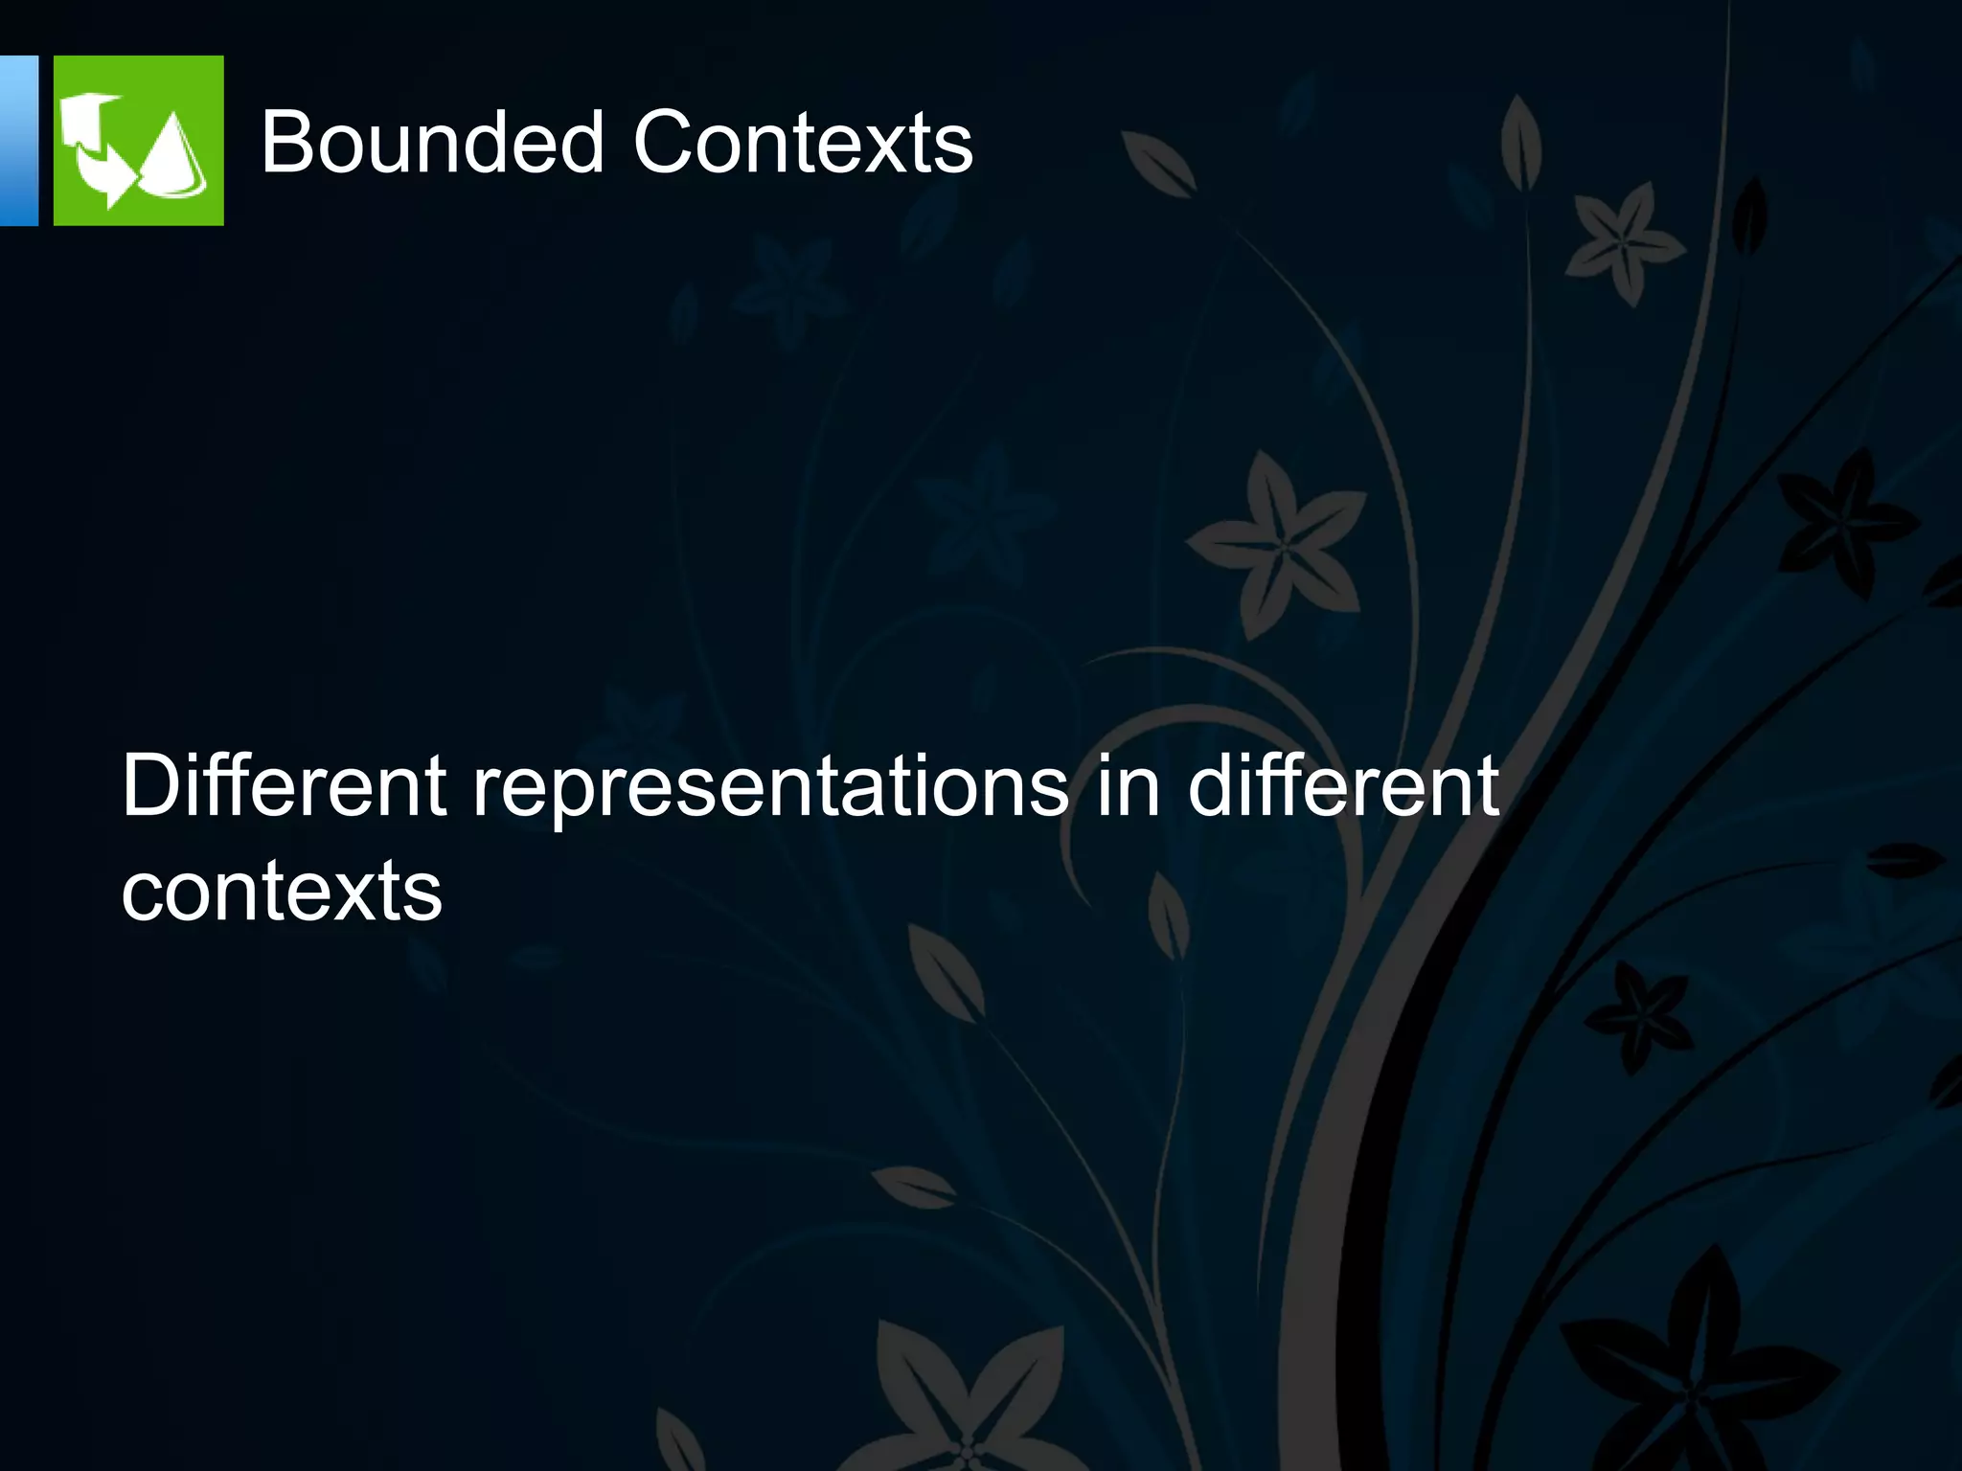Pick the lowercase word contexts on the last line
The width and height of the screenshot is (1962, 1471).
pos(282,891)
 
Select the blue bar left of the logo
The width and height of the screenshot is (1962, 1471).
pos(18,140)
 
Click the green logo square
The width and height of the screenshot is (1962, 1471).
pos(138,140)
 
